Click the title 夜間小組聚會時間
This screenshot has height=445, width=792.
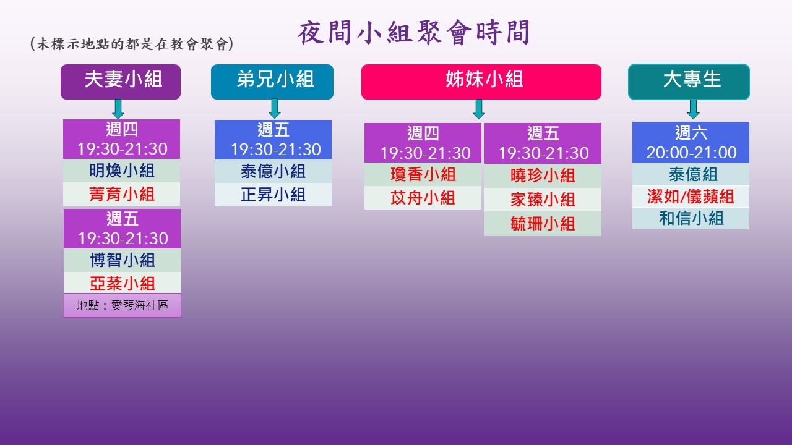click(x=413, y=33)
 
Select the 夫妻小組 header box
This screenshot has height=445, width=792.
click(x=121, y=82)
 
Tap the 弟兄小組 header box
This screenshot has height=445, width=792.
click(x=272, y=82)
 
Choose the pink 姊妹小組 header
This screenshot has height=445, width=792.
click(x=481, y=82)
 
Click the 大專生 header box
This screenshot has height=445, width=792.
click(x=689, y=82)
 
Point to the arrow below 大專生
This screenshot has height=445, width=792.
click(x=693, y=109)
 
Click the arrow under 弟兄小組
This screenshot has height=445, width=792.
click(x=275, y=108)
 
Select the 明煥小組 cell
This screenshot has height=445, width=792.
click(x=122, y=171)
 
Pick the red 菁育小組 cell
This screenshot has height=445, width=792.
click(x=122, y=194)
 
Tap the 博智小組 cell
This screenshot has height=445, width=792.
click(x=122, y=260)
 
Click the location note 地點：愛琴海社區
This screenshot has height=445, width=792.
click(x=123, y=305)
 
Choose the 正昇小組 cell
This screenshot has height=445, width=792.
click(x=273, y=195)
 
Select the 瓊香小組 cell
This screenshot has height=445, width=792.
click(x=423, y=174)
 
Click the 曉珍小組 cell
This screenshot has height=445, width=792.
click(x=543, y=176)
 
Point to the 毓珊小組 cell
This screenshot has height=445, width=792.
click(x=543, y=224)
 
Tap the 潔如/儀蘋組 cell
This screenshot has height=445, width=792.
click(x=691, y=197)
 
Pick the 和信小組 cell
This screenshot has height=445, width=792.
click(x=691, y=218)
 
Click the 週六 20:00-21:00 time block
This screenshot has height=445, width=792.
click(x=691, y=142)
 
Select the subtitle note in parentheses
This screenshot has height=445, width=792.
click(x=132, y=44)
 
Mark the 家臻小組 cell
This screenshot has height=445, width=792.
click(x=543, y=200)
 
